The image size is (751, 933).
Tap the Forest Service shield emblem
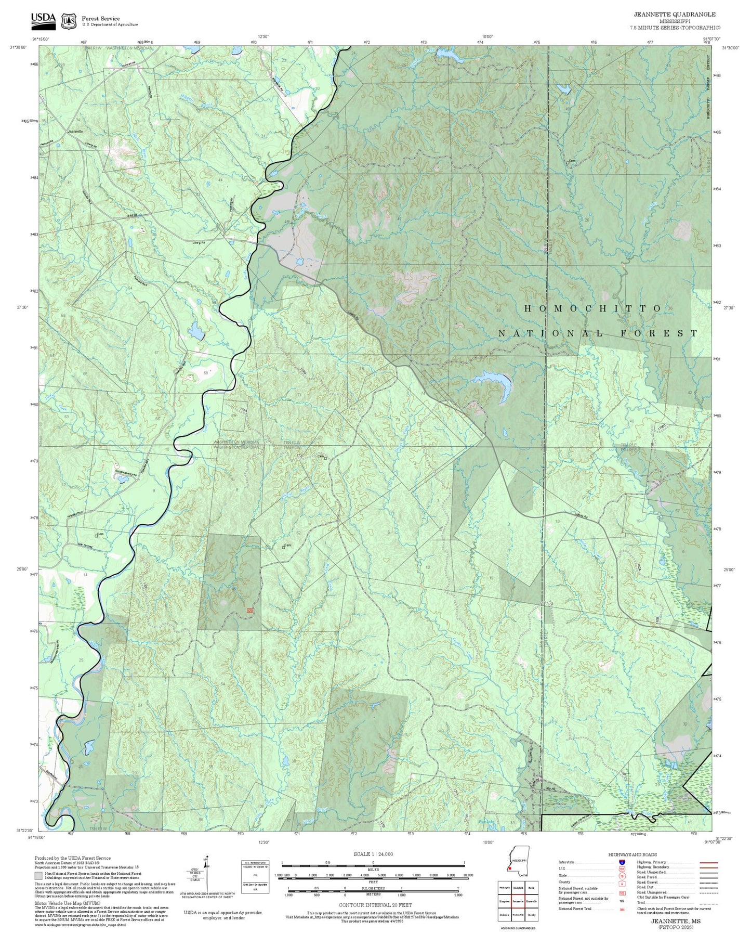pyautogui.click(x=69, y=21)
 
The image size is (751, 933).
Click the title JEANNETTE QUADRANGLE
pyautogui.click(x=674, y=14)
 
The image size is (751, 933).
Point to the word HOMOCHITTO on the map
pyautogui.click(x=592, y=308)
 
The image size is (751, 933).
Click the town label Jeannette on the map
pyautogui.click(x=75, y=132)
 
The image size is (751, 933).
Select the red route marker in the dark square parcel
pyautogui.click(x=250, y=610)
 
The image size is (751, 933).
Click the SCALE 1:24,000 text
pyautogui.click(x=373, y=854)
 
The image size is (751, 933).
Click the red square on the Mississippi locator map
pyautogui.click(x=510, y=867)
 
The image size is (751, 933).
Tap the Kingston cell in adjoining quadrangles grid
pyautogui.click(x=504, y=900)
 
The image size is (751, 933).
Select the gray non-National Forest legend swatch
pyautogui.click(x=38, y=876)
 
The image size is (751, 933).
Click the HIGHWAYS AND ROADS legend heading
pyautogui.click(x=632, y=854)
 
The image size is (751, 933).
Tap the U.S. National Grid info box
pyautogui.click(x=255, y=876)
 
